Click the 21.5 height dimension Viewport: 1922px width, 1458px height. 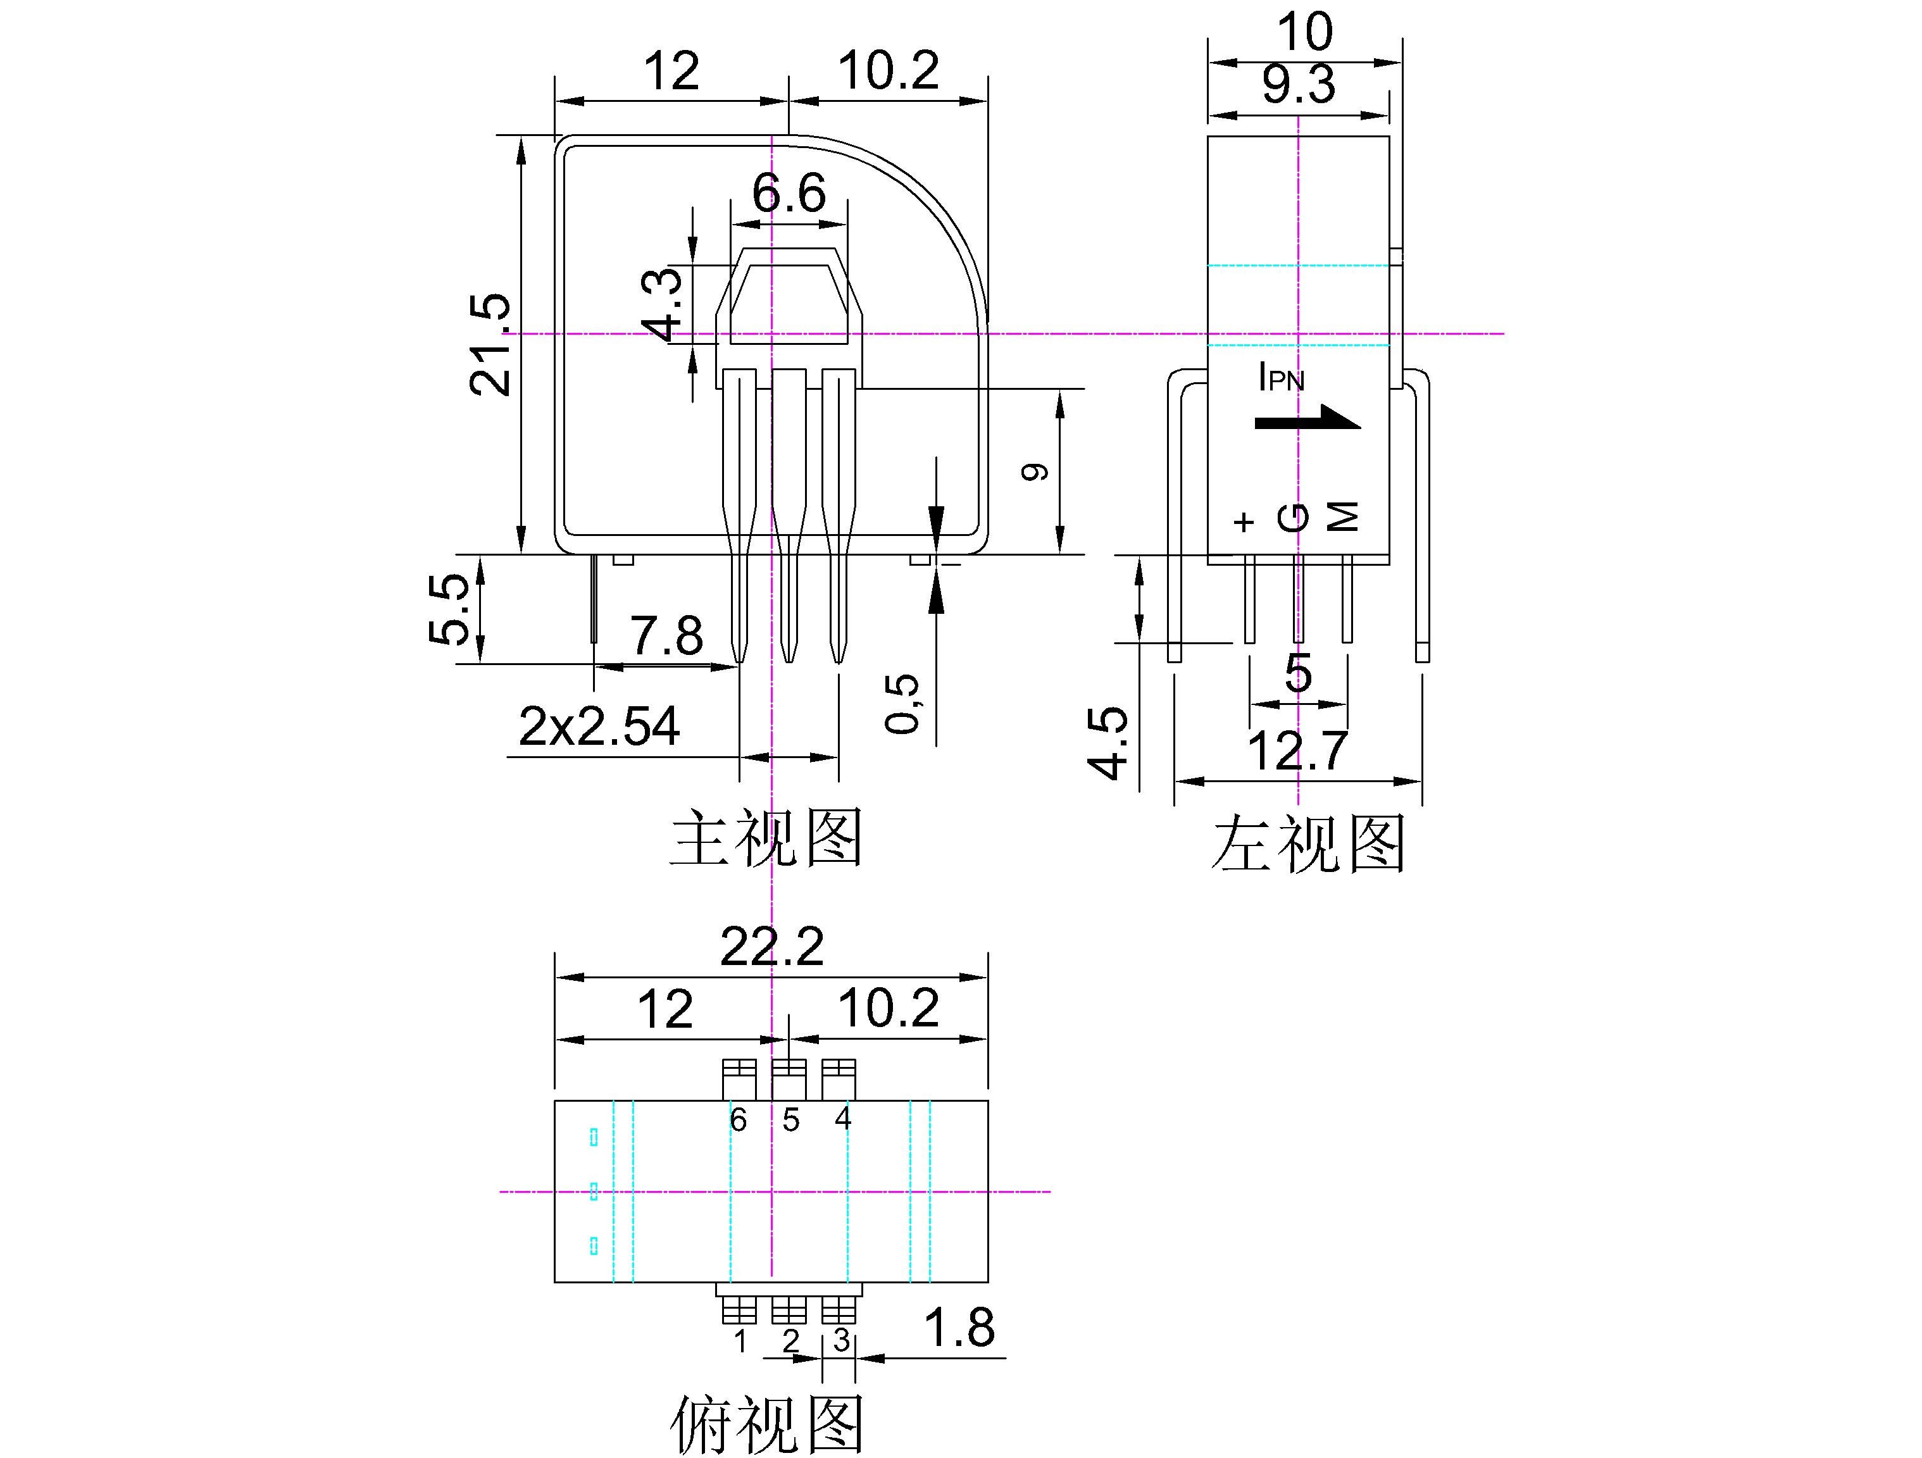[x=489, y=345]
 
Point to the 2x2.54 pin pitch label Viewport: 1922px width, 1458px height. [x=599, y=726]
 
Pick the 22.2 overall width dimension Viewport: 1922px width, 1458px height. [x=771, y=946]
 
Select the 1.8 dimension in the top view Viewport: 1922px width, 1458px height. [x=959, y=1327]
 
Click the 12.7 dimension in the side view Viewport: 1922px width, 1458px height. [x=1297, y=751]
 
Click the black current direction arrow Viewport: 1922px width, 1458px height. [x=1307, y=419]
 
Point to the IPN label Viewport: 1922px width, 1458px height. [x=1282, y=378]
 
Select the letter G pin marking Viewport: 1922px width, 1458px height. [x=1294, y=518]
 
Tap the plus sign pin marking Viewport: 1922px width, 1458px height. [x=1244, y=521]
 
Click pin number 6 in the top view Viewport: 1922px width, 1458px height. [x=738, y=1120]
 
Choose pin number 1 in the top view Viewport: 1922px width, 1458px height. [x=740, y=1342]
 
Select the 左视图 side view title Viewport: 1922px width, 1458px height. [x=1307, y=844]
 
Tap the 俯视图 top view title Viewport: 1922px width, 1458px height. [x=766, y=1425]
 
